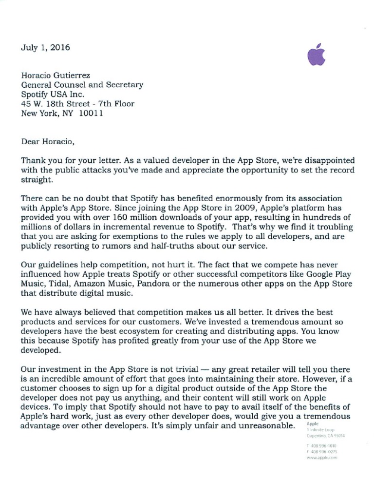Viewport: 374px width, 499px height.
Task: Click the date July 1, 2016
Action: coord(45,48)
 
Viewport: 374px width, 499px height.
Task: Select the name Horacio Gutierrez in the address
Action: coord(56,76)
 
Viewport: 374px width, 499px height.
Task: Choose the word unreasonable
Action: coord(270,425)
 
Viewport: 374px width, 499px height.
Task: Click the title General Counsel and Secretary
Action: coord(82,85)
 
